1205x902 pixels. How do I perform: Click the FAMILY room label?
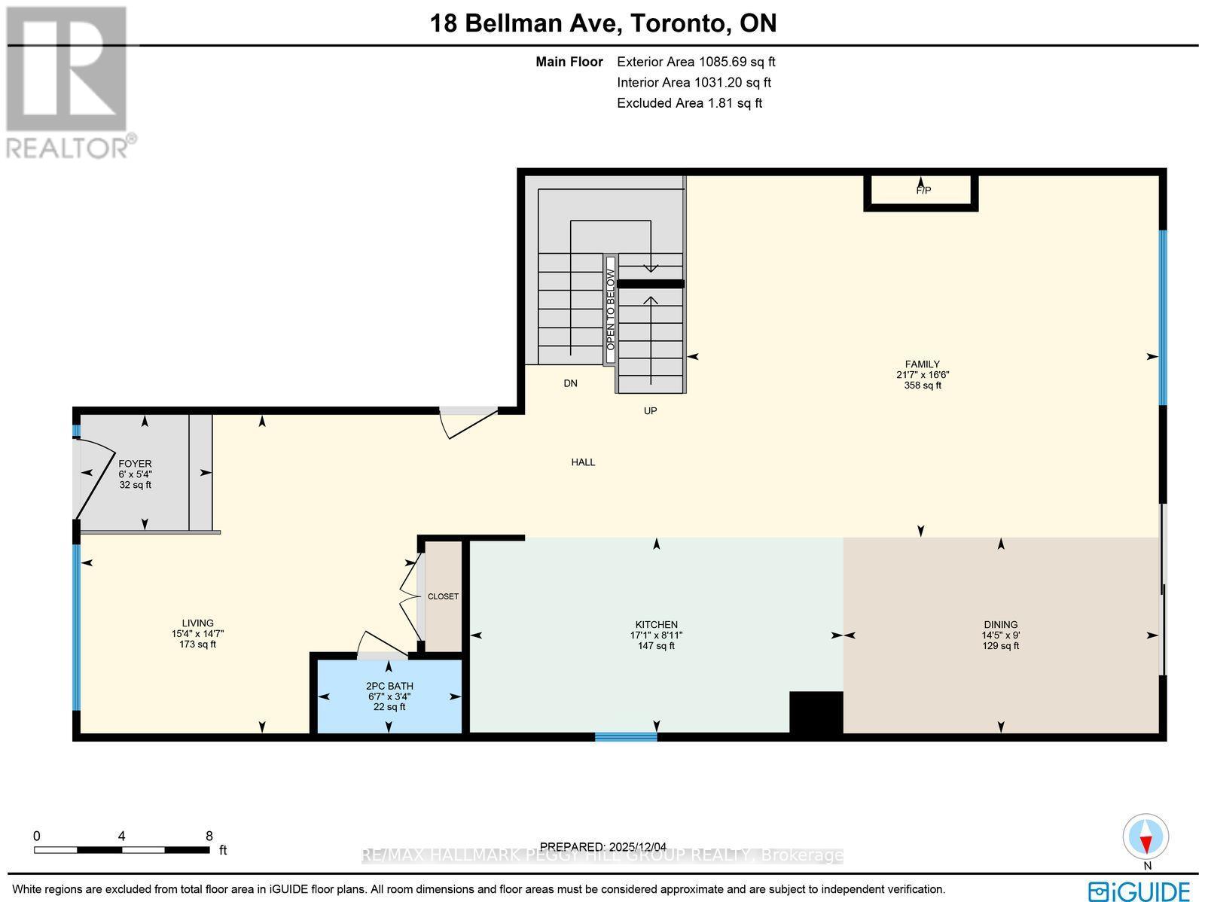pos(923,364)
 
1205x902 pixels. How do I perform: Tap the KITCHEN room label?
pos(656,625)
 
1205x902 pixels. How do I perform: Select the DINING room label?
pos(1000,625)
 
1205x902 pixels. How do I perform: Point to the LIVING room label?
pos(197,623)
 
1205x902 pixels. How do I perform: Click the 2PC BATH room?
pos(389,695)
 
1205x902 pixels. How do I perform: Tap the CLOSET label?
pos(443,596)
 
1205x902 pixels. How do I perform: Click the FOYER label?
pos(135,464)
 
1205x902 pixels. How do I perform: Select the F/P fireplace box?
pos(922,190)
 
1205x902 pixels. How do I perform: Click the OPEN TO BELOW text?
pos(611,309)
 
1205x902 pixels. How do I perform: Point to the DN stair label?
pos(570,383)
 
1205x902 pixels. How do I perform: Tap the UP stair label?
pos(650,411)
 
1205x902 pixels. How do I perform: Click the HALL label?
pos(583,462)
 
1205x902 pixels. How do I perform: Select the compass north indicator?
pos(1146,838)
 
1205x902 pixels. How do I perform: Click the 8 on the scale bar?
pos(209,836)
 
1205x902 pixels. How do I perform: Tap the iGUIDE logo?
pos(1139,890)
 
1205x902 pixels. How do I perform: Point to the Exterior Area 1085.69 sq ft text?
pos(695,62)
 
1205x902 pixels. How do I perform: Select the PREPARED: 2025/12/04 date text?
pos(604,846)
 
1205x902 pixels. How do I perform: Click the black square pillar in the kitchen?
pos(816,712)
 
